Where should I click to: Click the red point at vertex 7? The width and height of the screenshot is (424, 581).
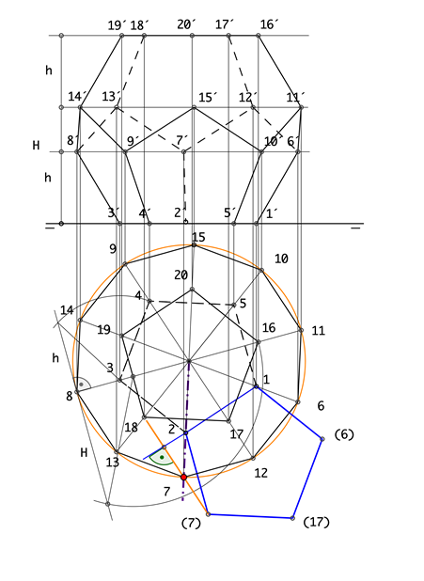184,478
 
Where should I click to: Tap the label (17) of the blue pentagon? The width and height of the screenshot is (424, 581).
316,523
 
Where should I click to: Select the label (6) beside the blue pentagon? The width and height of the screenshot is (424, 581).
344,434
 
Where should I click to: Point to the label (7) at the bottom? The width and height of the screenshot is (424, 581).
191,524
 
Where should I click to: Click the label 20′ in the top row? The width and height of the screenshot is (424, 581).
186,24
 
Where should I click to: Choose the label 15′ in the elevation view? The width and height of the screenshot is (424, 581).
208,98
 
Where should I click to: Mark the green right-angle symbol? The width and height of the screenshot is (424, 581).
162,459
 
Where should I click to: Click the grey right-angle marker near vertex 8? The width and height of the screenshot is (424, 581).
83,384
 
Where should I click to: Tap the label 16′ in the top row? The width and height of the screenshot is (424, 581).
269,24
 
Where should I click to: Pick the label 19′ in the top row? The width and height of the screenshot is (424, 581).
118,25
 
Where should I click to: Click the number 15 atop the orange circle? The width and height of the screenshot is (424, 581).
198,237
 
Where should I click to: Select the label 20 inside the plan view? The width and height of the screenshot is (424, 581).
181,275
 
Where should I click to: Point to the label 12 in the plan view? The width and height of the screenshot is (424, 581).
261,473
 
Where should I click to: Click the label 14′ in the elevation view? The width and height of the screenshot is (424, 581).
77,97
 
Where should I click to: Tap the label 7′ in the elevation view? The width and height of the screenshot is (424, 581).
182,140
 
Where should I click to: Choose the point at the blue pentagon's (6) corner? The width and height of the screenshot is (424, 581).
322,439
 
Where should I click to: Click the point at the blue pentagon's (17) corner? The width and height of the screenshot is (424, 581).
292,518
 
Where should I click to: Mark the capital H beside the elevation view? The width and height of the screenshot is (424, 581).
36,145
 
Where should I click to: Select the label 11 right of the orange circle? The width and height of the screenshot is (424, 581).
318,331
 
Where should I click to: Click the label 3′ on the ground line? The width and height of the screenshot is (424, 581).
114,213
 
